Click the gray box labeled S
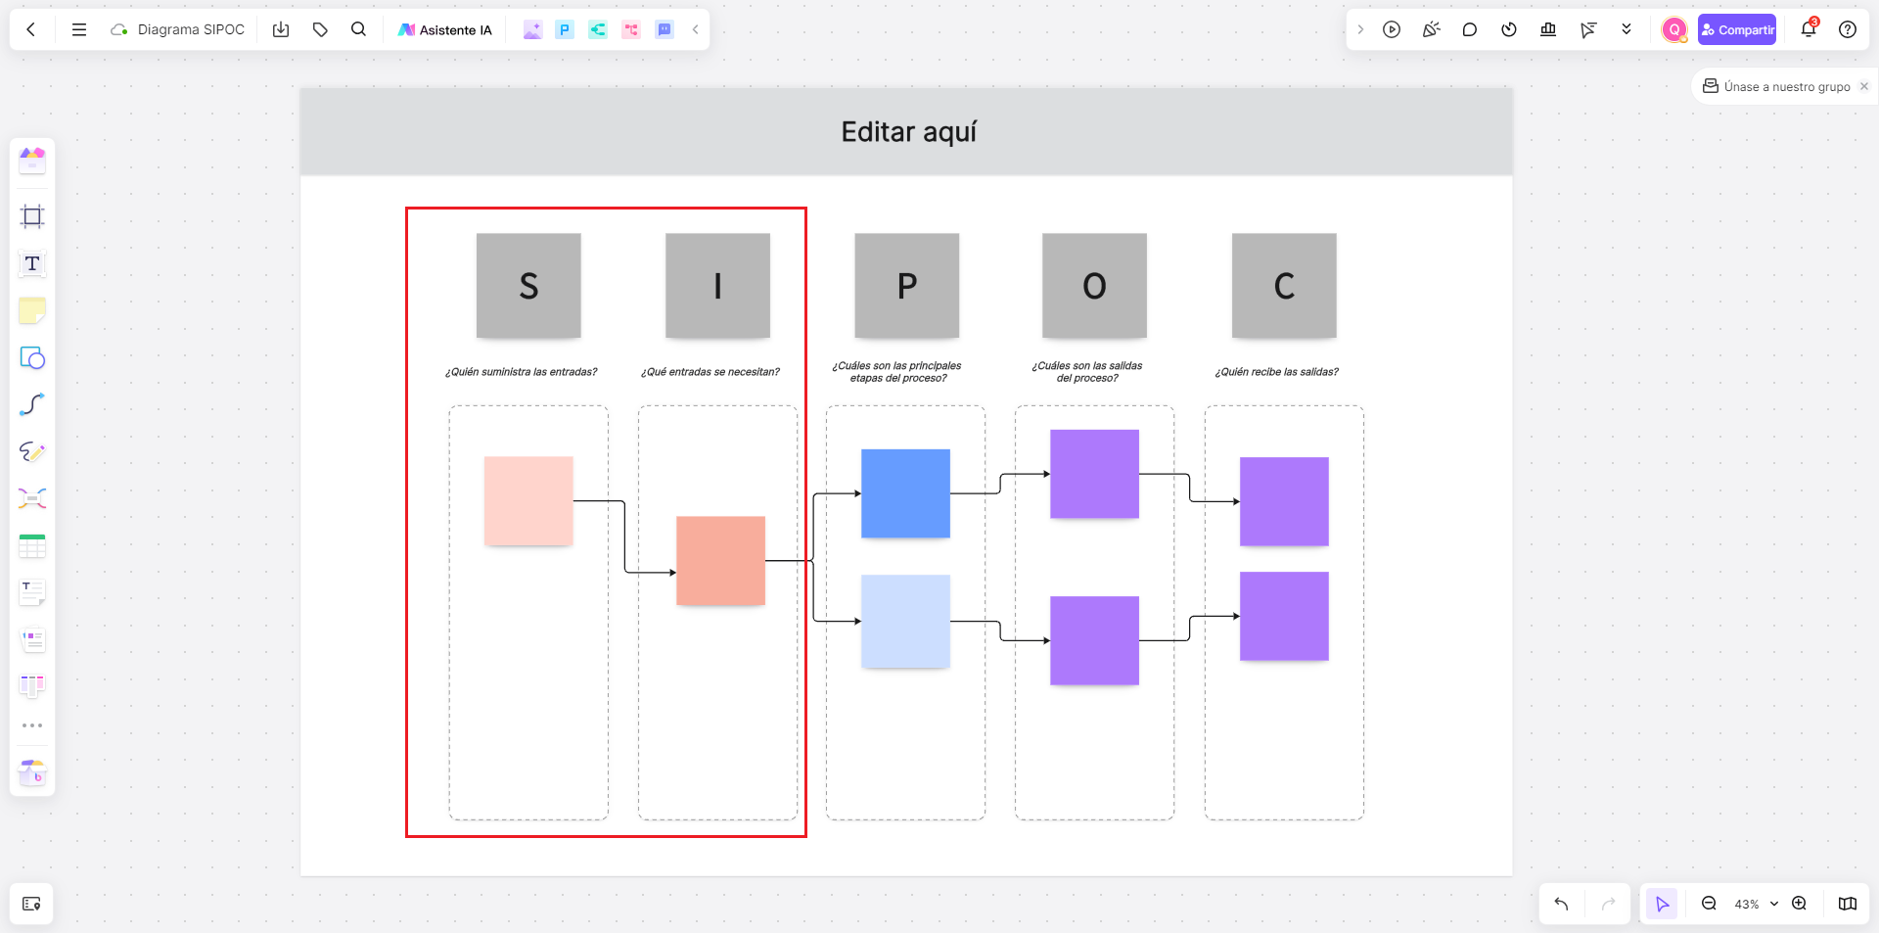[528, 285]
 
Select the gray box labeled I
[717, 285]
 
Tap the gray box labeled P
[907, 285]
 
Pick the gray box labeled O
[1094, 285]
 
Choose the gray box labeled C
[1284, 285]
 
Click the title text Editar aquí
[909, 132]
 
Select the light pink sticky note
[528, 500]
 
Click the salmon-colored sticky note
[720, 560]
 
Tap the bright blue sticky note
[905, 493]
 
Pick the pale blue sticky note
[905, 622]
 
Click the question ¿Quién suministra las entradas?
[521, 372]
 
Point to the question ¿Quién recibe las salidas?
[1276, 372]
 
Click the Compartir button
[1737, 29]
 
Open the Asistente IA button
[445, 29]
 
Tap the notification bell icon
[1809, 29]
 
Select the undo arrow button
[1561, 904]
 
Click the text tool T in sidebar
[32, 263]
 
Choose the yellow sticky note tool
[32, 310]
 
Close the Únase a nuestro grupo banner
[1864, 86]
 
